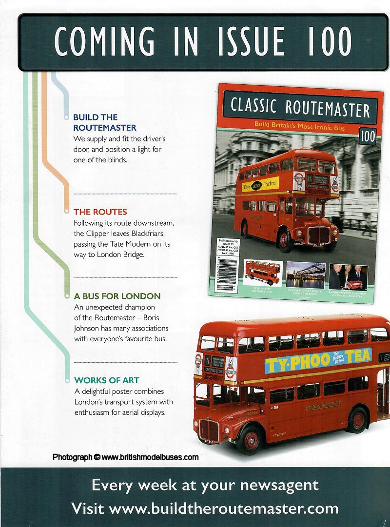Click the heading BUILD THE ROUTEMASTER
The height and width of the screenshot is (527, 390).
pos(105,122)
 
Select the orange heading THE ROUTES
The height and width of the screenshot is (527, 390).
pos(100,212)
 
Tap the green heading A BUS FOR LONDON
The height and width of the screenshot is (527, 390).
pos(117,296)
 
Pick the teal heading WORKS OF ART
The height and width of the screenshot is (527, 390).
pos(106,380)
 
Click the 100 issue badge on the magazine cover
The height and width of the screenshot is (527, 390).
pos(367,137)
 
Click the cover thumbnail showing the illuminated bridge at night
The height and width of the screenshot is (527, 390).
pos(305,275)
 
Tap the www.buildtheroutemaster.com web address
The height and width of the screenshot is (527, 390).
pos(224,508)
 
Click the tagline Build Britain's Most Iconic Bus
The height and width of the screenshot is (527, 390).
pos(299,125)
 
